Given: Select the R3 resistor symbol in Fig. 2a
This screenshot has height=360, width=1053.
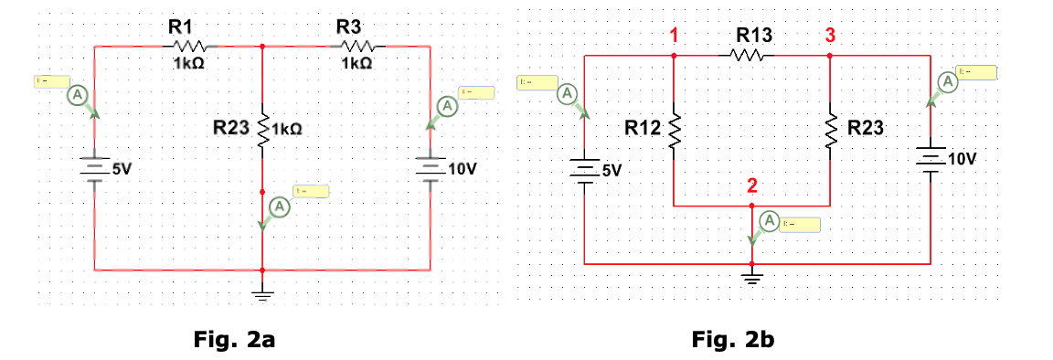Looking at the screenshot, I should (356, 46).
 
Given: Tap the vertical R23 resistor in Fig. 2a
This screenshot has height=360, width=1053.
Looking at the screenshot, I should (263, 132).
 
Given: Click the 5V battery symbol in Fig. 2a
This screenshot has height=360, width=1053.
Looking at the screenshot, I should (94, 170).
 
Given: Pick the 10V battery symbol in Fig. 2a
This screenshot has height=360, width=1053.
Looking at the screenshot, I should (429, 170).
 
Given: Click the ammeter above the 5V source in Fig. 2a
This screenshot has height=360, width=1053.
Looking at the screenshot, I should (79, 96).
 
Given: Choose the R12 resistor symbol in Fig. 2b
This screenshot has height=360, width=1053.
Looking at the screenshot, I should (674, 130).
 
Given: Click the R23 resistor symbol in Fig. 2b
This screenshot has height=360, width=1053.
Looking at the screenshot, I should (830, 130).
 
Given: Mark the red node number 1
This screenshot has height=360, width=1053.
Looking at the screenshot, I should (674, 36).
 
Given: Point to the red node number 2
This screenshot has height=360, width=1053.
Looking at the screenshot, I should (751, 186).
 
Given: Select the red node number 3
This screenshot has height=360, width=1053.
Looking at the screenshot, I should (830, 36).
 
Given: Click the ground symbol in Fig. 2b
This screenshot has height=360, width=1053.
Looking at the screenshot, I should (751, 277).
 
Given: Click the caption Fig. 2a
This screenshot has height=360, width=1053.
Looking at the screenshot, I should (235, 341).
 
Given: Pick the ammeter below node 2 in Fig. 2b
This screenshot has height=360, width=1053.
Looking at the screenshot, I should (770, 221).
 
